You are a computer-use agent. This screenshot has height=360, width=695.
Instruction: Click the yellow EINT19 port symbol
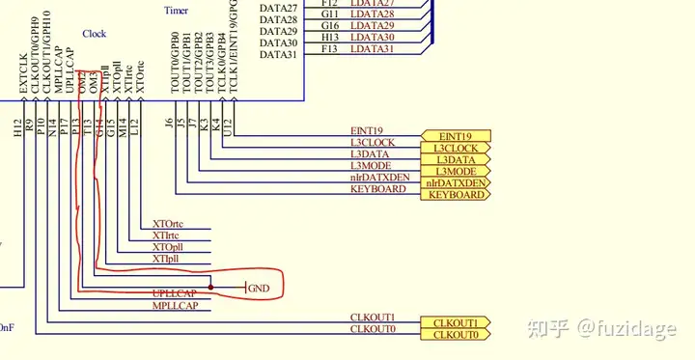(x=455, y=136)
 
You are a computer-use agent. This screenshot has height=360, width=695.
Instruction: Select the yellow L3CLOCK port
(x=455, y=148)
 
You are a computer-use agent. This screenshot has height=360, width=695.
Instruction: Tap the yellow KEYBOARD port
(x=455, y=194)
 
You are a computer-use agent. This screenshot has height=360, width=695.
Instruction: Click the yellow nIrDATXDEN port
(x=455, y=182)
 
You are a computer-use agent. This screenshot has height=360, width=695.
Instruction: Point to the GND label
(x=259, y=288)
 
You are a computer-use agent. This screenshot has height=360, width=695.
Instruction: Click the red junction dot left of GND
(x=209, y=287)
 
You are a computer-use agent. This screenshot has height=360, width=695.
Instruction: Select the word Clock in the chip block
(x=95, y=34)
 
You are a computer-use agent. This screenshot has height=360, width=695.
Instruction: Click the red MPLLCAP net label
(x=175, y=305)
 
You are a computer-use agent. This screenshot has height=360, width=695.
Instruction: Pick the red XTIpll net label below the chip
(x=166, y=259)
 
